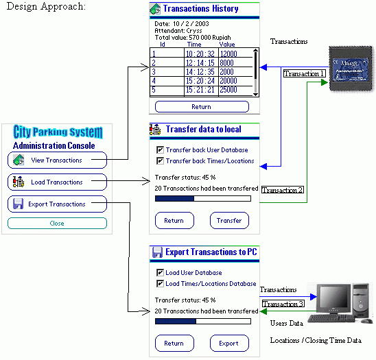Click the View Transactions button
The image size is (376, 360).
[57, 160]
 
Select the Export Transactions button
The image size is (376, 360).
[57, 204]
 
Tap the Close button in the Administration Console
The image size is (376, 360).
[57, 224]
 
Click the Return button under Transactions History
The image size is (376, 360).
[201, 107]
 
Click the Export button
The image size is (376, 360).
[228, 344]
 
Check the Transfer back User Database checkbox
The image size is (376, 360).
[160, 150]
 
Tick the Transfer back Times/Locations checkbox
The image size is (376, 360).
[160, 161]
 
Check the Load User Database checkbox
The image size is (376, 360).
[160, 273]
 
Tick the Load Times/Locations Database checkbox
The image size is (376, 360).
[160, 284]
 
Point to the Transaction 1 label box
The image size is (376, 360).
[303, 73]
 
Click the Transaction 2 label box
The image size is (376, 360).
[282, 190]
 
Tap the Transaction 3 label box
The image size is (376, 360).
[282, 304]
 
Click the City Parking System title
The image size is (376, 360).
[57, 132]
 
